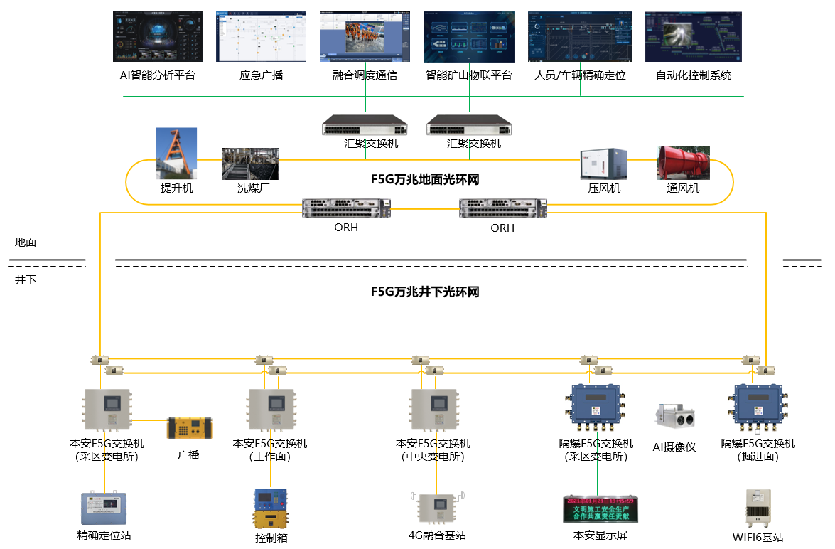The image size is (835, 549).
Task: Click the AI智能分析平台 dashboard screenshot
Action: pyautogui.click(x=158, y=36)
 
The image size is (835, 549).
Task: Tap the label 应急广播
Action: pyautogui.click(x=261, y=75)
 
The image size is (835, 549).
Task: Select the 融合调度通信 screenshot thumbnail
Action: pyautogui.click(x=365, y=36)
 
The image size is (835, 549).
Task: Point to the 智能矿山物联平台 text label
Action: pyautogui.click(x=468, y=75)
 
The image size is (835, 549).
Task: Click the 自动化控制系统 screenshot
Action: pyautogui.click(x=693, y=36)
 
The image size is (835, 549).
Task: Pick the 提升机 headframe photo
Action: pyautogui.click(x=176, y=154)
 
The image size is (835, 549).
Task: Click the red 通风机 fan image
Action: pyautogui.click(x=683, y=163)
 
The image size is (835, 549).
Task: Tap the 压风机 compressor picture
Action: pyautogui.click(x=603, y=164)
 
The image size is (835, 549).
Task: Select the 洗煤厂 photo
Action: pyautogui.click(x=251, y=164)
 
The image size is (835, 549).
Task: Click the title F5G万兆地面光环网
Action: pyautogui.click(x=425, y=180)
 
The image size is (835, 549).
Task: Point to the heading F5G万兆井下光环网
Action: pyautogui.click(x=425, y=292)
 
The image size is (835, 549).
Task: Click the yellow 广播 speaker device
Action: pyautogui.click(x=189, y=428)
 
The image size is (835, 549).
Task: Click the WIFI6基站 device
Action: pyautogui.click(x=758, y=508)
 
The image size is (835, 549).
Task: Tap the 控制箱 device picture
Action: pyautogui.click(x=271, y=508)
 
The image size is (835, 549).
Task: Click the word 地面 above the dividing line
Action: pyautogui.click(x=26, y=242)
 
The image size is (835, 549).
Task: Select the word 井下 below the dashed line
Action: pyautogui.click(x=26, y=280)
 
